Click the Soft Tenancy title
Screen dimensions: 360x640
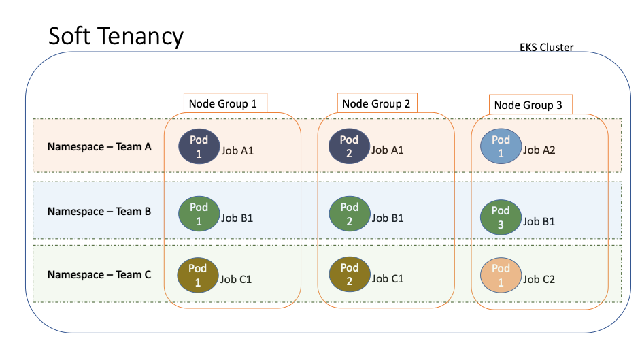point(116,37)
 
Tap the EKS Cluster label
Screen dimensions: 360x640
point(546,48)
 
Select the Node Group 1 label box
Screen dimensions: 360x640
point(225,103)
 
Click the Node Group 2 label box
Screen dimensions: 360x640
point(376,103)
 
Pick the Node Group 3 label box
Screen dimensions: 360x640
point(530,105)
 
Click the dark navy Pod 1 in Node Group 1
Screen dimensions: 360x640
point(199,146)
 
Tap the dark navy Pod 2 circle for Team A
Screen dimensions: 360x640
point(349,146)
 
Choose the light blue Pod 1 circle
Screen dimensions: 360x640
point(501,146)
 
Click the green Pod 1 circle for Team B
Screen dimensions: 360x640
point(199,213)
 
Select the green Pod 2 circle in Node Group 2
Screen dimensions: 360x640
point(349,213)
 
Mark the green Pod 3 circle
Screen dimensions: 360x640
point(501,216)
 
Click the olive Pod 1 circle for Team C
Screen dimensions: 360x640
point(199,276)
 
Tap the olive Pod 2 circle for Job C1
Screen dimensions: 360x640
point(349,274)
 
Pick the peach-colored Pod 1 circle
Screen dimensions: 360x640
point(501,275)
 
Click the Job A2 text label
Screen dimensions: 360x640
point(539,150)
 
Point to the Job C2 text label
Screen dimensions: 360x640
point(539,279)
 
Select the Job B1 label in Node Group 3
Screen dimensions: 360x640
point(539,221)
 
